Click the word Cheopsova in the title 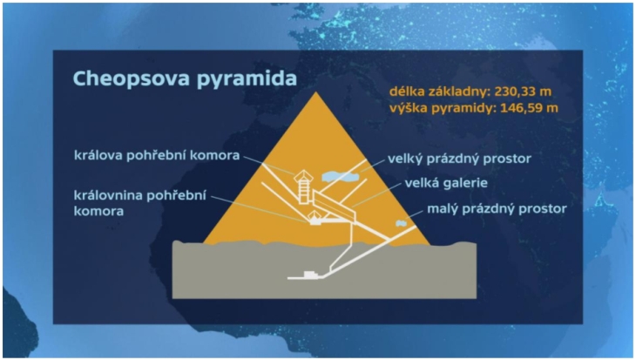[132, 78]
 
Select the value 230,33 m [523, 92]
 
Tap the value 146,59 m [529, 108]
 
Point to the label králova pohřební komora [157, 155]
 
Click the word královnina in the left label [108, 195]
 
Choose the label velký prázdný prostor [459, 159]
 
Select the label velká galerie [446, 183]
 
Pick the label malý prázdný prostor [497, 209]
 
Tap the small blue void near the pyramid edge [401, 223]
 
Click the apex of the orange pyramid [316, 92]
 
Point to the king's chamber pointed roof [303, 175]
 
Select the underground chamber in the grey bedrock [311, 275]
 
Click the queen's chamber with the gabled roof [315, 218]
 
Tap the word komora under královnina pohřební [98, 212]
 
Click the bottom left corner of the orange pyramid [204, 243]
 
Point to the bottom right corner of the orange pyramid [430, 244]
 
